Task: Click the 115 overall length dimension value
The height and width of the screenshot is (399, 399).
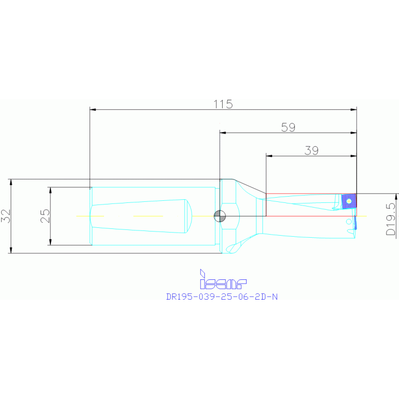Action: pyautogui.click(x=223, y=104)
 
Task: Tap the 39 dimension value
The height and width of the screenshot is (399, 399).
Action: pyautogui.click(x=311, y=150)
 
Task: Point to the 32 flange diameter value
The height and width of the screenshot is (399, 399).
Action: pyautogui.click(x=6, y=216)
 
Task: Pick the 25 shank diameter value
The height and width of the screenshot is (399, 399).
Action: pyautogui.click(x=45, y=216)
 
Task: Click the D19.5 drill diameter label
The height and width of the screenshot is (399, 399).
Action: pyautogui.click(x=391, y=218)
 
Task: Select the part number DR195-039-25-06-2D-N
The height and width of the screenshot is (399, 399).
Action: pyautogui.click(x=222, y=297)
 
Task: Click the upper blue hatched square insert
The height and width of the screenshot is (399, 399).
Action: pyautogui.click(x=349, y=200)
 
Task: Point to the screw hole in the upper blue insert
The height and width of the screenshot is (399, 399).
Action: pyautogui.click(x=349, y=200)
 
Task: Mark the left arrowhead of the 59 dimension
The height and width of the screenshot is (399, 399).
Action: pyautogui.click(x=223, y=133)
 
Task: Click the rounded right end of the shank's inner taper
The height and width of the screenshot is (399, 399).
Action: pyautogui.click(x=191, y=216)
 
